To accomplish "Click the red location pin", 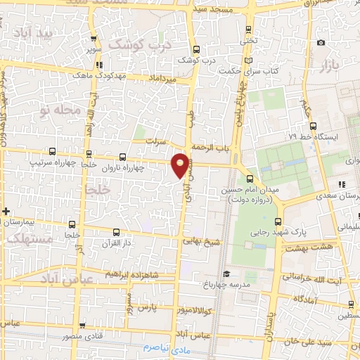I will [x=181, y=164].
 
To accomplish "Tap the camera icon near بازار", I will [x=321, y=42].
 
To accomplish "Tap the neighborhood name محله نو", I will [x=56, y=110].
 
